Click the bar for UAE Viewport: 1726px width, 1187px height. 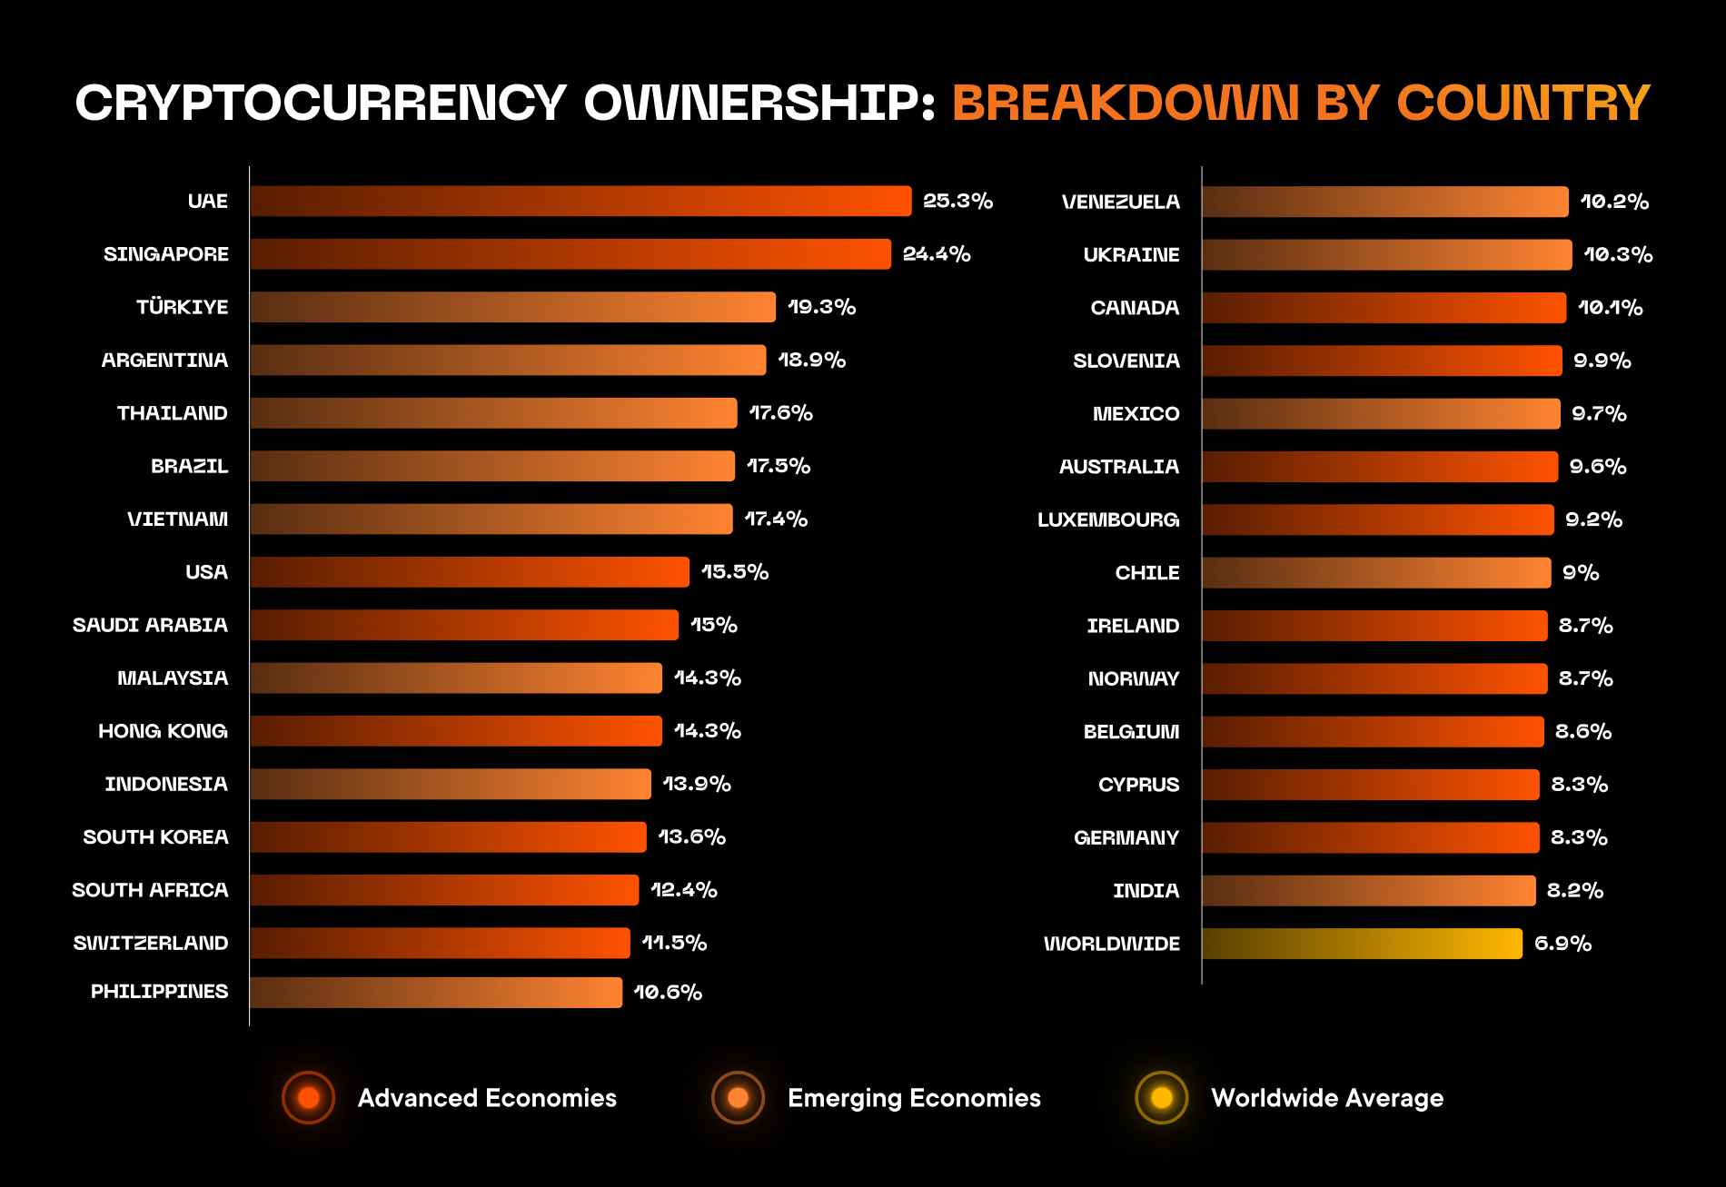point(580,201)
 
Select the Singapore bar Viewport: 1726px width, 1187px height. point(570,254)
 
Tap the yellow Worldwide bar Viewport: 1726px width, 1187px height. point(1362,944)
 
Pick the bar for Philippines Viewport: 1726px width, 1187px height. point(436,993)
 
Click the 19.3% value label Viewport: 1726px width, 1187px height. point(821,307)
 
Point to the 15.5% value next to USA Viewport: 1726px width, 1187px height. point(735,572)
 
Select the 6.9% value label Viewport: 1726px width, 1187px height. point(1562,944)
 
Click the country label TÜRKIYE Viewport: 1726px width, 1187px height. point(182,307)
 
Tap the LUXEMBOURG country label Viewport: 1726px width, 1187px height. point(1108,519)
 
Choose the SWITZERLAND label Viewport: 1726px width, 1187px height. point(151,943)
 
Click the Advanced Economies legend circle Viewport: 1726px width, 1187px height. point(309,1097)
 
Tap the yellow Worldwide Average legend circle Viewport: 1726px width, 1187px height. point(1162,1097)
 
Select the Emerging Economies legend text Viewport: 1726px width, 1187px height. point(914,1098)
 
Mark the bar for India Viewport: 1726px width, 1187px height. point(1369,891)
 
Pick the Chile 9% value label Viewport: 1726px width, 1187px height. point(1581,573)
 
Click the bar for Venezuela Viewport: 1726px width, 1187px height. point(1385,202)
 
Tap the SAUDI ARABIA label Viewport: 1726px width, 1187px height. point(150,625)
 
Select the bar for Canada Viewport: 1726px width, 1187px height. point(1384,308)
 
